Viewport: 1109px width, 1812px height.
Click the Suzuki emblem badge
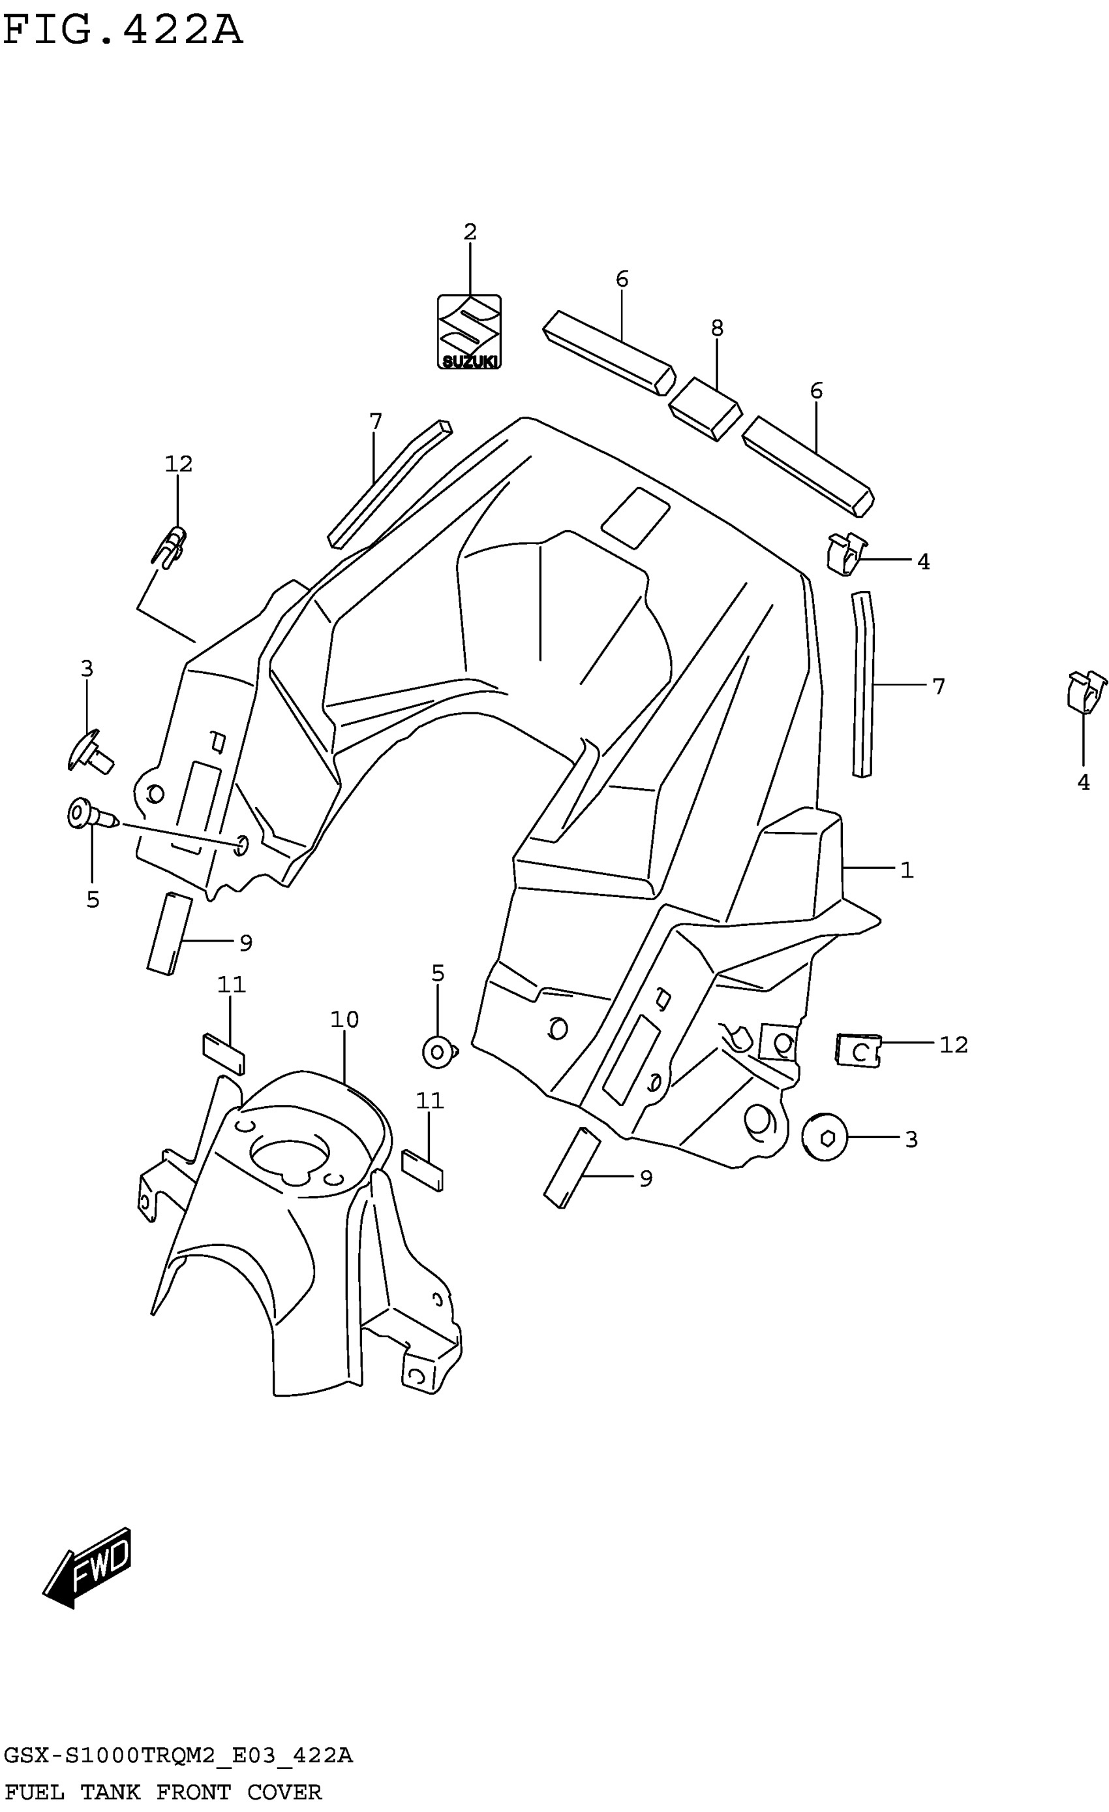(469, 332)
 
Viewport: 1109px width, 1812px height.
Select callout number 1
(907, 870)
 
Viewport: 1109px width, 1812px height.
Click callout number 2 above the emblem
(470, 232)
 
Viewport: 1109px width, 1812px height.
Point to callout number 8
(718, 328)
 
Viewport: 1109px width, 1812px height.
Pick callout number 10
(344, 1020)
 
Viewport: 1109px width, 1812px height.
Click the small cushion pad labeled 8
(705, 409)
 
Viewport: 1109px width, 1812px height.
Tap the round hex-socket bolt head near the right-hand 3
(825, 1137)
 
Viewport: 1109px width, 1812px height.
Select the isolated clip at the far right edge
(1086, 692)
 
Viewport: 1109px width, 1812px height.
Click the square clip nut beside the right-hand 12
(858, 1050)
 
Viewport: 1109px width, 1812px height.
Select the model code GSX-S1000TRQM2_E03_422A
(178, 1755)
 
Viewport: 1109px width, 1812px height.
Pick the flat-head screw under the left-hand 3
(89, 752)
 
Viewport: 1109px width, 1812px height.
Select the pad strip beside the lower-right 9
(571, 1168)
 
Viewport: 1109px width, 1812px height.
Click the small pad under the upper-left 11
(223, 1054)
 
